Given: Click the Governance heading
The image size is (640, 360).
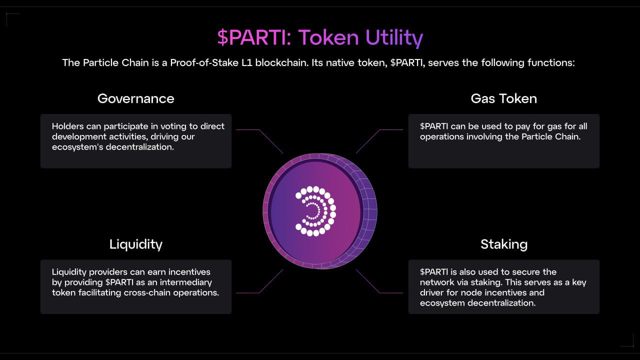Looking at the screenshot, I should tap(135, 98).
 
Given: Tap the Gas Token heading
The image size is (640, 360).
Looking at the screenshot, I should tap(503, 98).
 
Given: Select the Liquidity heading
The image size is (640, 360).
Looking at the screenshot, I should tap(135, 244).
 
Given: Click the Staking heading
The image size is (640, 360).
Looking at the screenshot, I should tap(503, 244).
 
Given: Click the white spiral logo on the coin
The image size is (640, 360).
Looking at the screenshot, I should tap(315, 211).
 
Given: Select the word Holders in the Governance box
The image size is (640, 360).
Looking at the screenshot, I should tap(67, 126).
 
